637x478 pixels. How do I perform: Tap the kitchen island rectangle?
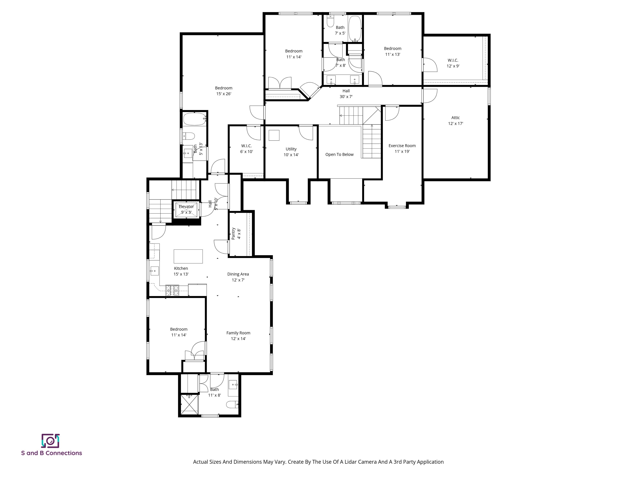pyautogui.click(x=188, y=256)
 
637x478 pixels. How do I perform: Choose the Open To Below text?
pyautogui.click(x=339, y=154)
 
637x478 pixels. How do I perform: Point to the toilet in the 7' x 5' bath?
pyautogui.click(x=331, y=21)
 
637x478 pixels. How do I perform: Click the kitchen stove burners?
pyautogui.click(x=172, y=290)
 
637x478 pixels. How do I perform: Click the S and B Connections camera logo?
pyautogui.click(x=50, y=441)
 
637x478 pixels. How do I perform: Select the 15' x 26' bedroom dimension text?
pyautogui.click(x=224, y=94)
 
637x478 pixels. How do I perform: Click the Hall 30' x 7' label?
pyautogui.click(x=346, y=94)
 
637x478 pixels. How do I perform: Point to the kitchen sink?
pyautogui.click(x=155, y=271)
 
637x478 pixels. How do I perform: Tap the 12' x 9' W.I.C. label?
pyautogui.click(x=453, y=63)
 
